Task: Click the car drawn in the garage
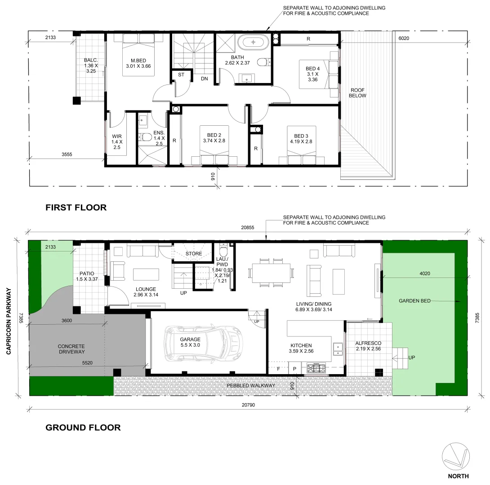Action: (204, 342)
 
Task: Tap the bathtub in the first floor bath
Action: (254, 43)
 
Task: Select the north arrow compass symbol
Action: (458, 458)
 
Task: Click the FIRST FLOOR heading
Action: (76, 207)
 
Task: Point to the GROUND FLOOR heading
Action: (83, 428)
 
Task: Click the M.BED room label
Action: (138, 61)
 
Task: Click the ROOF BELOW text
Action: (358, 93)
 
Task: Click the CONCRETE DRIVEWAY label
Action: (71, 349)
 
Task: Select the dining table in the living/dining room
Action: (271, 273)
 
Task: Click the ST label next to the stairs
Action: (182, 75)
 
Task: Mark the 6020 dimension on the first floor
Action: (404, 39)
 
